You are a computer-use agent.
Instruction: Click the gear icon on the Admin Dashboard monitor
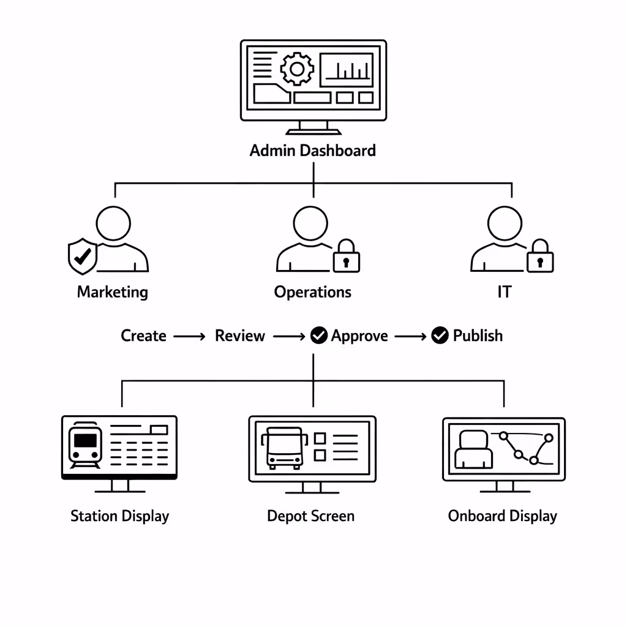click(x=297, y=69)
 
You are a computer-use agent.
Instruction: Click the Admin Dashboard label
click(x=313, y=151)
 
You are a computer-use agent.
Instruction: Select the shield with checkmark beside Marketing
click(x=81, y=257)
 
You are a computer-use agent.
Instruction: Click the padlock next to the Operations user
click(x=346, y=257)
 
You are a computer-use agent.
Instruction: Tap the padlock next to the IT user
click(x=539, y=257)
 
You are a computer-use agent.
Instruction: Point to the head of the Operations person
click(x=310, y=223)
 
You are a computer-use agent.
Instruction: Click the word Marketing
click(x=113, y=292)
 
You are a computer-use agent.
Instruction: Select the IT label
click(x=503, y=292)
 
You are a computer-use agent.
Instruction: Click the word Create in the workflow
click(x=143, y=336)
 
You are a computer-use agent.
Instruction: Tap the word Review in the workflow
click(x=240, y=336)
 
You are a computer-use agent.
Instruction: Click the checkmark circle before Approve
click(x=319, y=336)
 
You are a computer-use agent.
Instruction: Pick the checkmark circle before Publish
click(x=440, y=336)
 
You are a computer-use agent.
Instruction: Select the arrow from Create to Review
click(x=189, y=336)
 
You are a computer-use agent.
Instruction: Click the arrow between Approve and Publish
click(x=410, y=336)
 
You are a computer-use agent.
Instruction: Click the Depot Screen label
click(x=310, y=516)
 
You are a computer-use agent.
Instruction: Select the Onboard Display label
click(x=503, y=516)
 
